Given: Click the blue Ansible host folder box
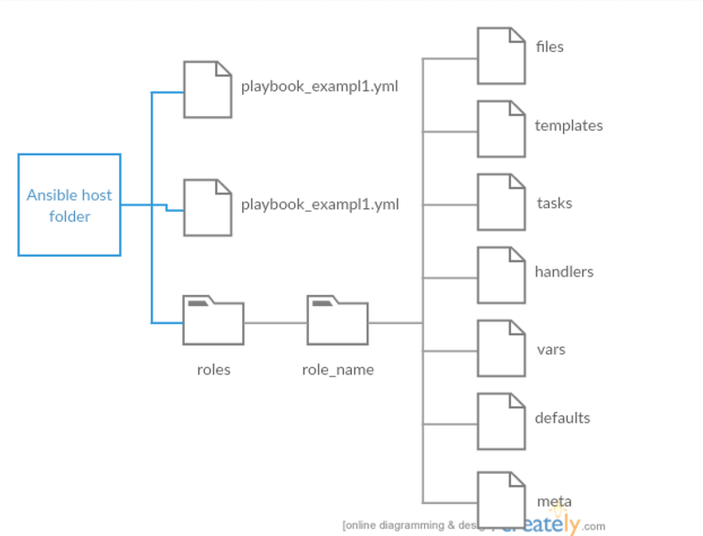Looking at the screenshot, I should (x=69, y=205).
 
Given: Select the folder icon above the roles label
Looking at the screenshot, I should (x=213, y=321).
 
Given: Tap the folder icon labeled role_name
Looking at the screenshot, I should (x=337, y=321).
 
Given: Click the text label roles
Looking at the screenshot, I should (x=213, y=370).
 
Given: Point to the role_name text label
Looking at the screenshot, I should (x=337, y=370).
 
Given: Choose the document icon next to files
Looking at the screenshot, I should (x=501, y=56).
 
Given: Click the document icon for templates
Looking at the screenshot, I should (x=501, y=129).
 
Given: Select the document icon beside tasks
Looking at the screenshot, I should (x=501, y=202).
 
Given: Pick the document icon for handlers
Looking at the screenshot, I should (x=501, y=275).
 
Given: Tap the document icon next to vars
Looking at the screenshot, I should (x=501, y=348).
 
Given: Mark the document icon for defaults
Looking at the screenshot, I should (x=501, y=421).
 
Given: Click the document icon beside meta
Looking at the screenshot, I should (x=501, y=498).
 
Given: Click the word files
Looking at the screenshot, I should (x=549, y=47).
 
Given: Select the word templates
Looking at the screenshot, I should (x=569, y=126).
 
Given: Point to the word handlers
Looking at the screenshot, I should (x=564, y=272).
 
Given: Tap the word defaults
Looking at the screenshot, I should (x=562, y=418).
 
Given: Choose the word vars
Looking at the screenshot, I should (x=551, y=350).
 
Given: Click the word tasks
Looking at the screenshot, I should (x=554, y=203).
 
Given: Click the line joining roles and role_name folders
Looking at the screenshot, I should (x=275, y=322).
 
